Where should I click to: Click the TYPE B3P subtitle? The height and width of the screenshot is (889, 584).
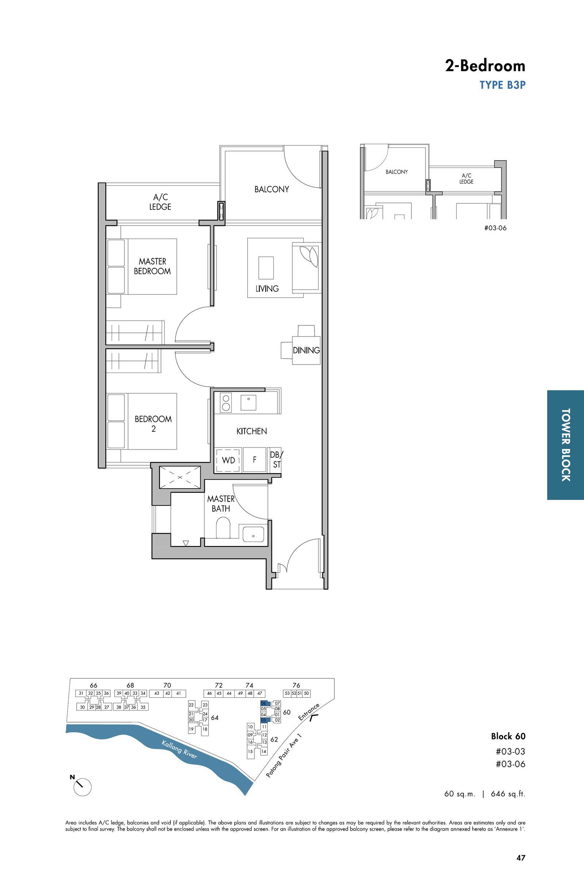pyautogui.click(x=503, y=85)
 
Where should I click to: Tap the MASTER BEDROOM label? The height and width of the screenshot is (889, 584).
pyautogui.click(x=153, y=266)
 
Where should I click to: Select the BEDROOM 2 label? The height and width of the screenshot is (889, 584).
pyautogui.click(x=153, y=424)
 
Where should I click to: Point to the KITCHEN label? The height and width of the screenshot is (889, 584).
pyautogui.click(x=251, y=431)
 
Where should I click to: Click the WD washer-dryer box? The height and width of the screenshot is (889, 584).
pyautogui.click(x=228, y=460)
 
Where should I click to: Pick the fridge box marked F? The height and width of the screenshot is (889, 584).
pyautogui.click(x=254, y=460)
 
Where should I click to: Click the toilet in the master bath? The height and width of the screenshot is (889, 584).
pyautogui.click(x=223, y=527)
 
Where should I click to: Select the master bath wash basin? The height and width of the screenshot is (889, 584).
pyautogui.click(x=253, y=534)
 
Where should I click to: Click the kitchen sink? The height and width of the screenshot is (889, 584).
pyautogui.click(x=249, y=402)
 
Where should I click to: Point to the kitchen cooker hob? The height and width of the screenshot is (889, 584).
pyautogui.click(x=226, y=402)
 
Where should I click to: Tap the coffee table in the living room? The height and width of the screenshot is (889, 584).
pyautogui.click(x=266, y=268)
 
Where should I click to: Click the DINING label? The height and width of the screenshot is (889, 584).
pyautogui.click(x=306, y=350)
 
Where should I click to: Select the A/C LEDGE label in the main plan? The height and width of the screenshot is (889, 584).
pyautogui.click(x=160, y=202)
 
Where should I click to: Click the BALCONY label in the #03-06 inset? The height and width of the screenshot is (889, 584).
pyautogui.click(x=397, y=172)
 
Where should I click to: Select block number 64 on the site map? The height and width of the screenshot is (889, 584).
pyautogui.click(x=215, y=717)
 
